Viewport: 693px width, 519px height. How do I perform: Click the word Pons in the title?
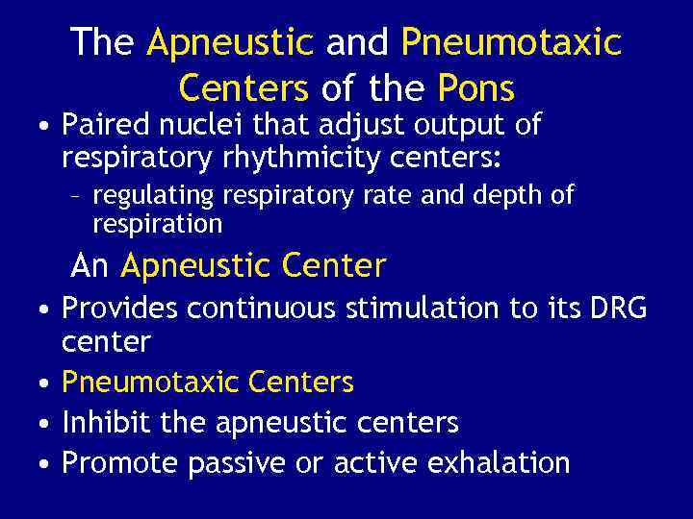coord(475,88)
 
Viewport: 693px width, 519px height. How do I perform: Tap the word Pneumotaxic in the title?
coord(511,42)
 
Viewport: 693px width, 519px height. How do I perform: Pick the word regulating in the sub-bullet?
coord(154,196)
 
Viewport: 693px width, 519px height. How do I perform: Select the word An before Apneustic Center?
coord(90,264)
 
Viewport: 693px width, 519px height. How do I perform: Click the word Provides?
coord(119,308)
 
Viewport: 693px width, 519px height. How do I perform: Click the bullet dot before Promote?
coord(45,464)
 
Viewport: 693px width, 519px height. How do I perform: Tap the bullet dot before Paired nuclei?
coord(45,126)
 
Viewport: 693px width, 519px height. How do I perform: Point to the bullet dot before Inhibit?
coord(45,424)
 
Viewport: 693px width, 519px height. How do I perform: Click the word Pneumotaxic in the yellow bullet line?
coord(149,383)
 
